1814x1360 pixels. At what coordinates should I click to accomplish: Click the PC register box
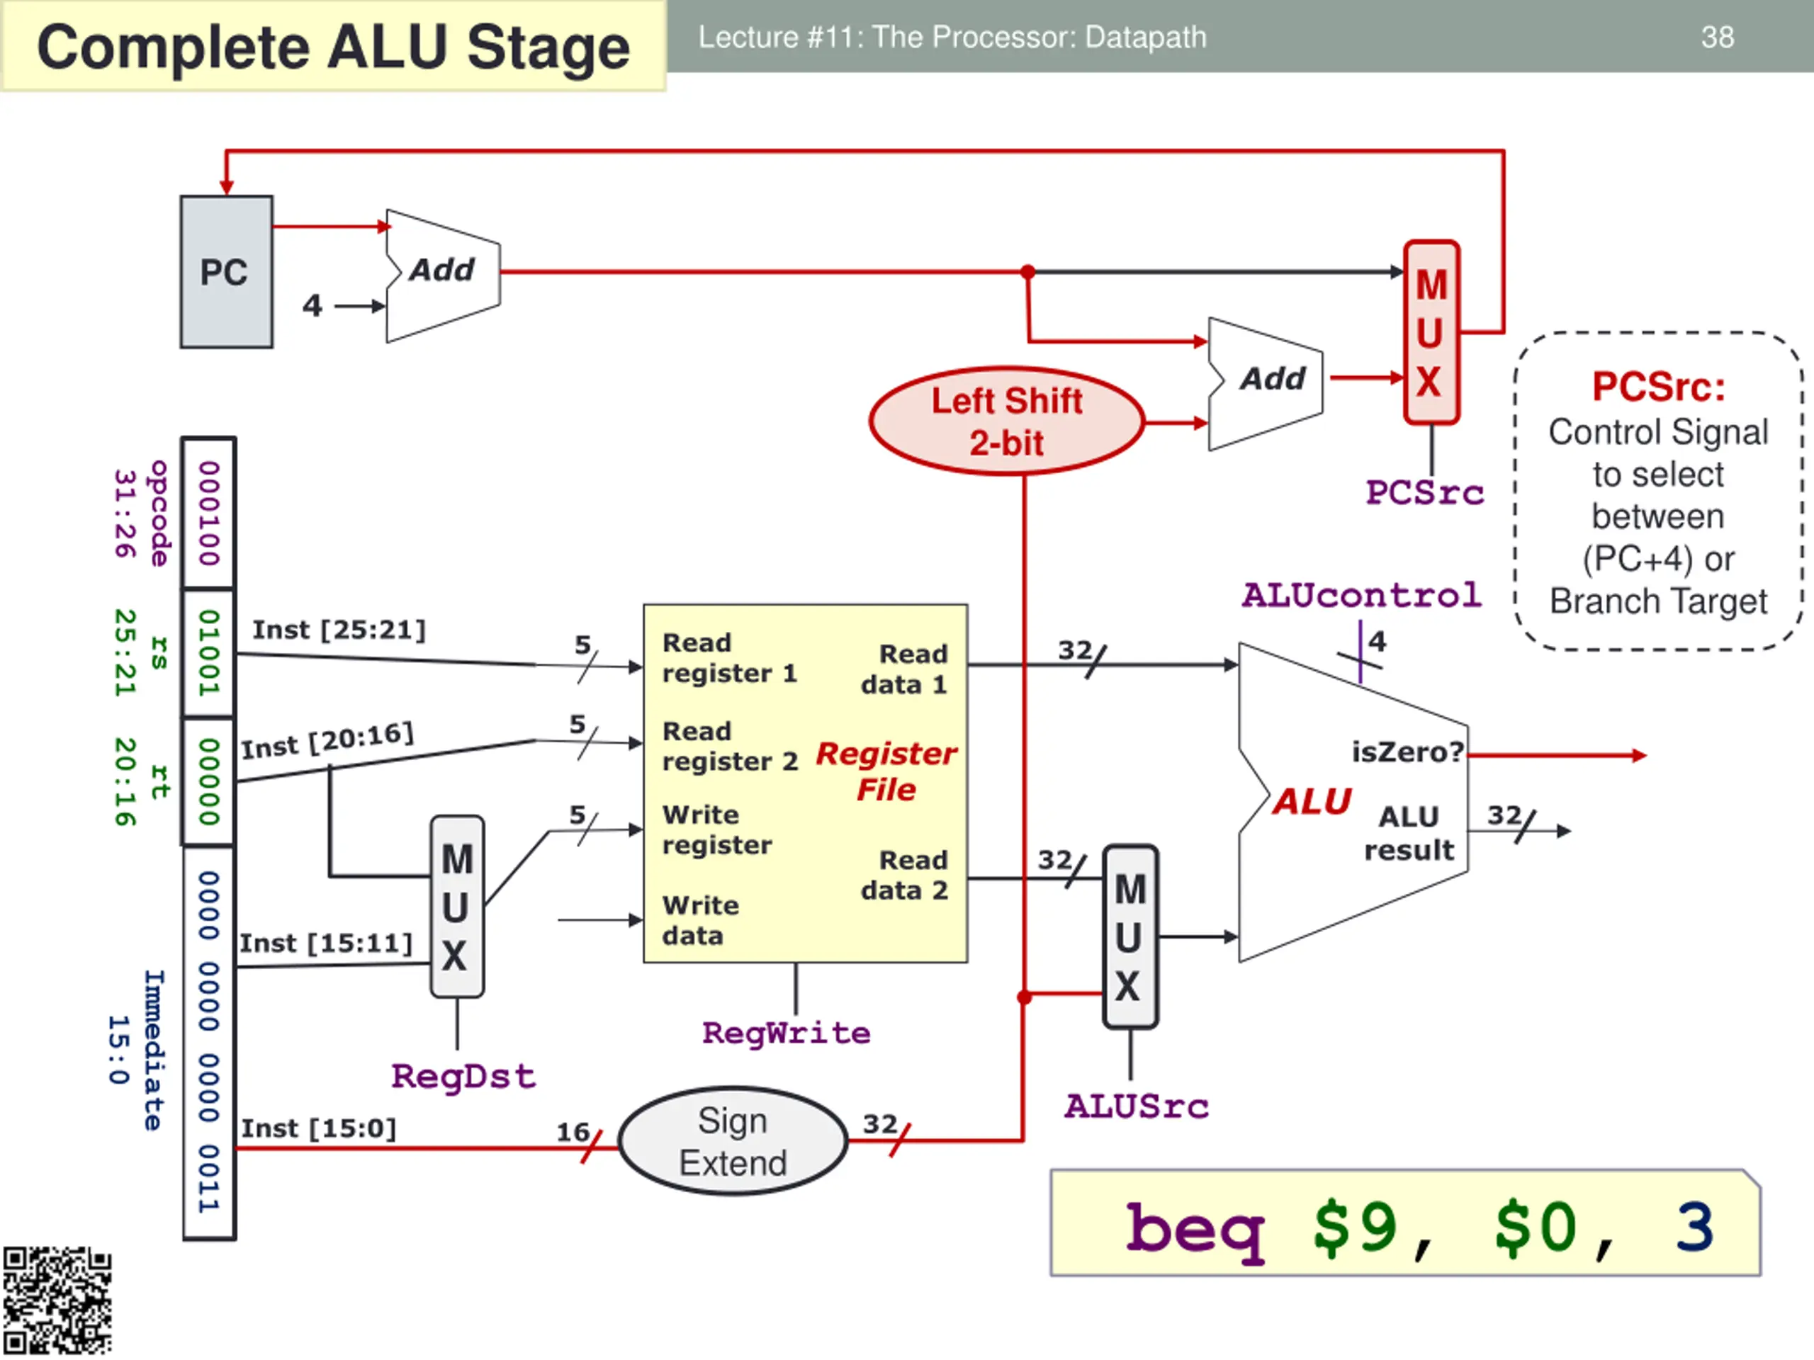click(226, 272)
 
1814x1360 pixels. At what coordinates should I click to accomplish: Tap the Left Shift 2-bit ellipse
click(1006, 421)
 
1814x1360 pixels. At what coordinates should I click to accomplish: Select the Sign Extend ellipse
click(732, 1141)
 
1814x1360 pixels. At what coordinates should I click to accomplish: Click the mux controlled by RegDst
click(457, 907)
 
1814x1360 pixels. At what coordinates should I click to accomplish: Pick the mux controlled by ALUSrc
click(1130, 937)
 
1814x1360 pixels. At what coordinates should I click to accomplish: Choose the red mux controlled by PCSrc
click(1431, 332)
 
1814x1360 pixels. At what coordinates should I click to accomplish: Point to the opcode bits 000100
click(209, 513)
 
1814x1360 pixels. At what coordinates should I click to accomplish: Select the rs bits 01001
click(209, 652)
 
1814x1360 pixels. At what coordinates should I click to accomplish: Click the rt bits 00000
click(209, 781)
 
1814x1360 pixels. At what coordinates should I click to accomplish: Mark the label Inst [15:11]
click(325, 943)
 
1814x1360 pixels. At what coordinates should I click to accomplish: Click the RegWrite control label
click(786, 1033)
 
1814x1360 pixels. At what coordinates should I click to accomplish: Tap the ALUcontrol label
click(1361, 595)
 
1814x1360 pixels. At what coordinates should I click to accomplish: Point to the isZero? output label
click(1407, 752)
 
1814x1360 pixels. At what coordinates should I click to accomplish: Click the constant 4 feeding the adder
click(312, 306)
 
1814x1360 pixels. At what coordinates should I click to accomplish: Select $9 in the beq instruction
click(1355, 1228)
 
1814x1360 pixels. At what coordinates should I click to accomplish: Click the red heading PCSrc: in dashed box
click(1658, 387)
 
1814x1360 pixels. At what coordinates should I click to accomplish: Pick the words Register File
click(886, 771)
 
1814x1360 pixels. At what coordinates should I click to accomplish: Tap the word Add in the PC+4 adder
click(442, 270)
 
